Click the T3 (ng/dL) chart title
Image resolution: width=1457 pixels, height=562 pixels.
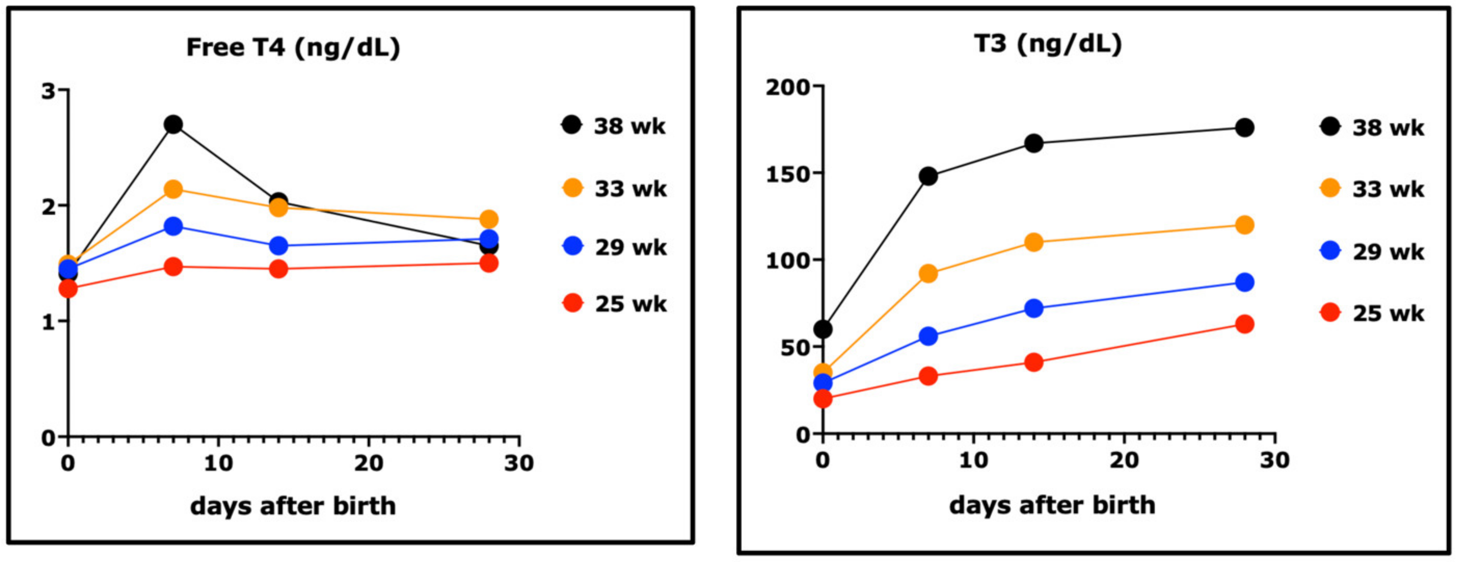pyautogui.click(x=1048, y=44)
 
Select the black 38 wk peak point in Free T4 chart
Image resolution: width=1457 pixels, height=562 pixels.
pyautogui.click(x=173, y=124)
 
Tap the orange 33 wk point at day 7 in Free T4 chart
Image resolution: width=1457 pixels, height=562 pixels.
pyautogui.click(x=173, y=189)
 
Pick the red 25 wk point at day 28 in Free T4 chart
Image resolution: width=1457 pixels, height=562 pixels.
pyautogui.click(x=489, y=263)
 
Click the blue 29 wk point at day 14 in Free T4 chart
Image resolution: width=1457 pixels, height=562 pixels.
pyautogui.click(x=278, y=245)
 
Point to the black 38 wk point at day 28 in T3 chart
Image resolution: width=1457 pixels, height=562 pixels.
pyautogui.click(x=1244, y=128)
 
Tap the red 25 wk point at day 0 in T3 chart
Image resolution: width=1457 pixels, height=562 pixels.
pyautogui.click(x=823, y=399)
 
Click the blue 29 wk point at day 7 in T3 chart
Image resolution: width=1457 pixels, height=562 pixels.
pyautogui.click(x=928, y=336)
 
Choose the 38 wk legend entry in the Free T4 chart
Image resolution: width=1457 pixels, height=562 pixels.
pyautogui.click(x=614, y=126)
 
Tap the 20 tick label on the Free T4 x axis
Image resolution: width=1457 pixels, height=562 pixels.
pyautogui.click(x=369, y=464)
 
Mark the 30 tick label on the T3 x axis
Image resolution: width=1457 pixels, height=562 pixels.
pyautogui.click(x=1275, y=460)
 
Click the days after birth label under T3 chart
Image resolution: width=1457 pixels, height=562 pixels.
pyautogui.click(x=1052, y=505)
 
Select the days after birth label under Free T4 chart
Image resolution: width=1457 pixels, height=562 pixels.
pyautogui.click(x=293, y=506)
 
